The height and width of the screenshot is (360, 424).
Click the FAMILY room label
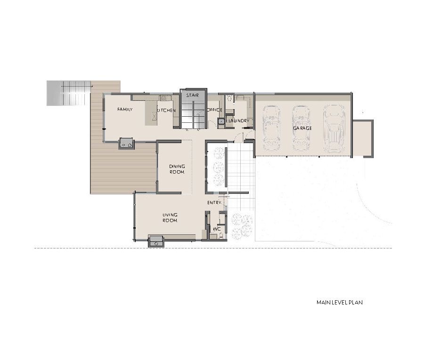coord(125,109)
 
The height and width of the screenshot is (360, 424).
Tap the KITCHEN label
coord(166,110)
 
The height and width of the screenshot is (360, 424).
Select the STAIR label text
coord(192,95)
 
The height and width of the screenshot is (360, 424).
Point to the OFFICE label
coord(214,110)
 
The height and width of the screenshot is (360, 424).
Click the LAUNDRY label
coord(239,121)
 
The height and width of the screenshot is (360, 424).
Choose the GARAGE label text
coord(302,128)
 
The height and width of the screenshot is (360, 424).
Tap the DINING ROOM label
coord(177,169)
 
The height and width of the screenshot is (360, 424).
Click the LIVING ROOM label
coord(170,217)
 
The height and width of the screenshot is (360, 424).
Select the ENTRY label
coord(214,202)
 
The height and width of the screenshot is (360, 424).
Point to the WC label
coord(217,229)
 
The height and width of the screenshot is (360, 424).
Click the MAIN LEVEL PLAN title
coord(339,302)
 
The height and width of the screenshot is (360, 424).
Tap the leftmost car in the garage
coord(271,128)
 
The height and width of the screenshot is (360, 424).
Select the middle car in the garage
coord(301,128)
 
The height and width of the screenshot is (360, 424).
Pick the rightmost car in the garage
coord(334,128)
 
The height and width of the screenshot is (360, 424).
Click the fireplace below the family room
coord(126,143)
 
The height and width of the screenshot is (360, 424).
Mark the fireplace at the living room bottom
coord(156,241)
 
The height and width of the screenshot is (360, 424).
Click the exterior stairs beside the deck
coord(68,93)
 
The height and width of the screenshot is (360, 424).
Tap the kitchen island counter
coord(151,113)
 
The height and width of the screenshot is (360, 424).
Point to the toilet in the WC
coord(221,236)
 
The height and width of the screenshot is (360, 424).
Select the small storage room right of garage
coord(363,138)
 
